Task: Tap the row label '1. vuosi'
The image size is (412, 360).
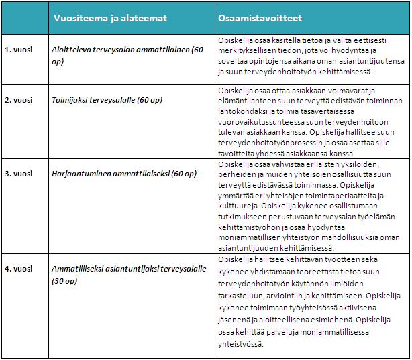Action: [x=17, y=50]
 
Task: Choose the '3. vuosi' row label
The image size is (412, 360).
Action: [x=17, y=174]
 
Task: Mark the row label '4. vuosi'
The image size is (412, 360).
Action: [x=17, y=269]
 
